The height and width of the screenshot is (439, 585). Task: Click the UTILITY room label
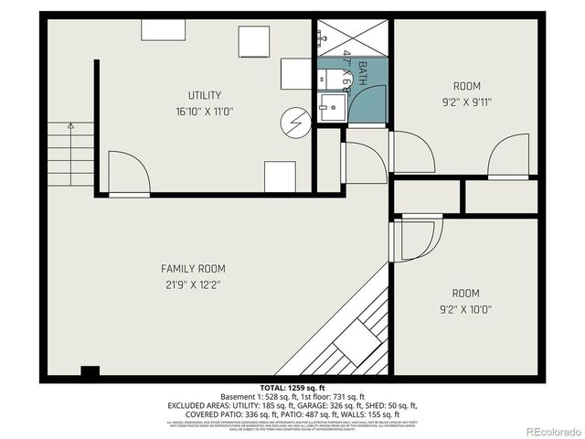pos(204,95)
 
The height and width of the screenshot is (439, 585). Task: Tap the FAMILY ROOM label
pos(193,269)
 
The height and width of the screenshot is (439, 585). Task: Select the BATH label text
pos(362,74)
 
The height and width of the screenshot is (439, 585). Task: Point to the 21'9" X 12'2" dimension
pos(193,284)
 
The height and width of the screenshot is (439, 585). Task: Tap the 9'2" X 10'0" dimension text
pos(465,309)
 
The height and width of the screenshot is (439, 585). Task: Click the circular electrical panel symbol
pos(296,123)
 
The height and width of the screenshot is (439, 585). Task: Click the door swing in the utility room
pos(128,173)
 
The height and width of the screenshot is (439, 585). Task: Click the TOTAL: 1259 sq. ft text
pos(291,388)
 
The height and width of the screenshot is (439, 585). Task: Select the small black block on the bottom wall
pos(90,371)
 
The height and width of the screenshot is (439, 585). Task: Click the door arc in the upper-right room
pos(507,156)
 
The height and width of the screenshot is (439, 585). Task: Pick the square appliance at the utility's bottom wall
pos(280,176)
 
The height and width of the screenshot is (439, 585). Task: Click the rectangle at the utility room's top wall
pos(163,29)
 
